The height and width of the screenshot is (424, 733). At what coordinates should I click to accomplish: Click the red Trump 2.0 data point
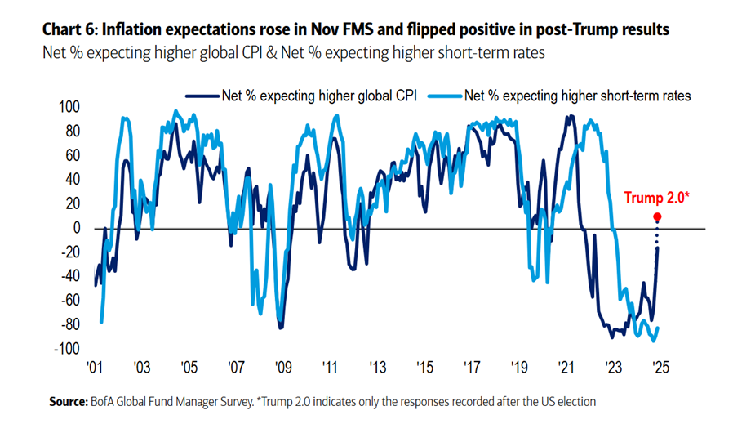coord(658,217)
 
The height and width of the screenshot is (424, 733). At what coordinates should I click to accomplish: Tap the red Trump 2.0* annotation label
coord(657,197)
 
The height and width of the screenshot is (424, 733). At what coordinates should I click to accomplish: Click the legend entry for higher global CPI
coord(319,96)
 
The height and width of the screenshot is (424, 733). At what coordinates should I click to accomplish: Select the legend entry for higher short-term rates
coord(577,96)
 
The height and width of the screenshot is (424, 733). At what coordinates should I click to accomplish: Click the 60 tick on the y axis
coord(72,155)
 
